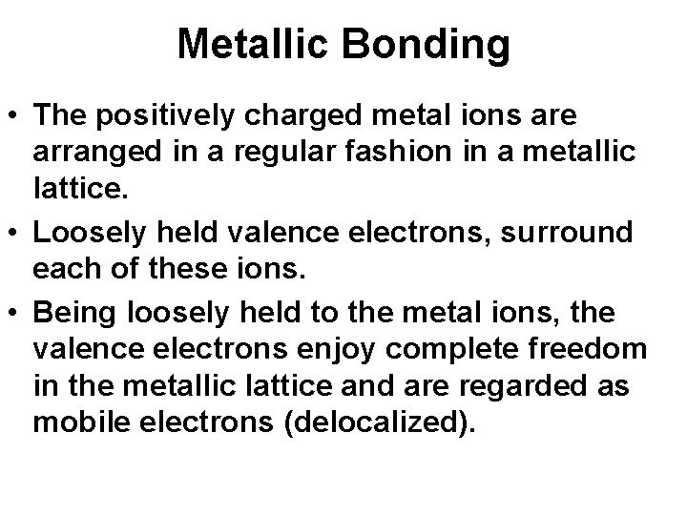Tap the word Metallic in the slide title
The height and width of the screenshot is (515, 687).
260,44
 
